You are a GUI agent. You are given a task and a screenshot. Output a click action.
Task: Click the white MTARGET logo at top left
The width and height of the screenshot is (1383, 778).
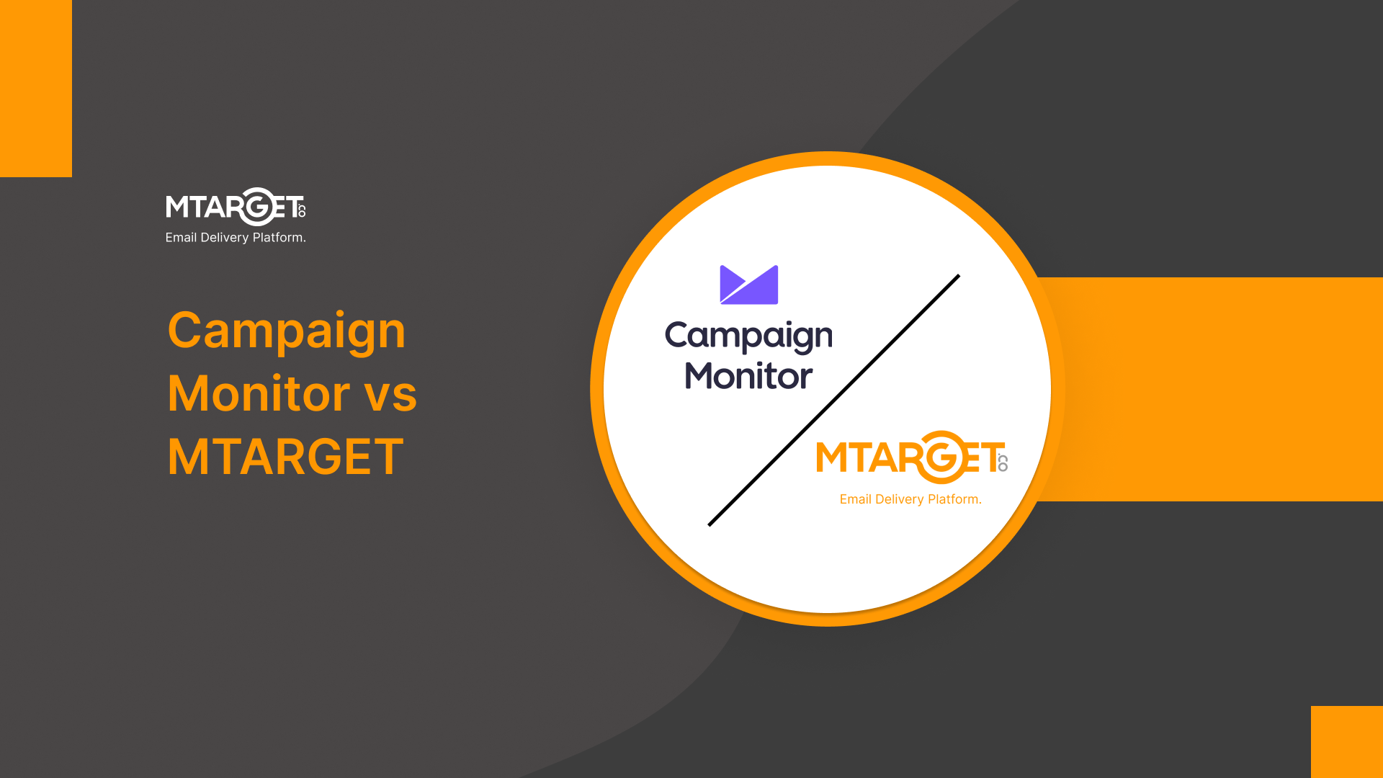[235, 207]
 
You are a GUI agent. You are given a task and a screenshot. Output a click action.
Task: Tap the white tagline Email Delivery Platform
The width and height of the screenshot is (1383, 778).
[236, 238]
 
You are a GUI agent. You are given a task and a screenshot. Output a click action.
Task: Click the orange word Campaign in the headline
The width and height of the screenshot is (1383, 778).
[287, 331]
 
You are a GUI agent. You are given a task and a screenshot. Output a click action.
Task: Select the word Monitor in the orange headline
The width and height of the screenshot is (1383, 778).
[259, 394]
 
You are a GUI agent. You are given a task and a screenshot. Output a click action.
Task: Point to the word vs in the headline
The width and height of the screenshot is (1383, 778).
[390, 395]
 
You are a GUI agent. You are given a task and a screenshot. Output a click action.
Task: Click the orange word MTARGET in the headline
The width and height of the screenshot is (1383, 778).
[285, 457]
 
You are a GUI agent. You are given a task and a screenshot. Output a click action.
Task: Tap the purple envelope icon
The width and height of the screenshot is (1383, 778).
[749, 285]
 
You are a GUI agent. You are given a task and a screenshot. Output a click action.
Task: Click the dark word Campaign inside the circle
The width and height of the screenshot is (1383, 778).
[748, 337]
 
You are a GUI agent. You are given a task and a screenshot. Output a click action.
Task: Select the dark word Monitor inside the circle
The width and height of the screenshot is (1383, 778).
[748, 376]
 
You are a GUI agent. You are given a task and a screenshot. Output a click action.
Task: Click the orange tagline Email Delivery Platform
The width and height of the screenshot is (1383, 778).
[910, 499]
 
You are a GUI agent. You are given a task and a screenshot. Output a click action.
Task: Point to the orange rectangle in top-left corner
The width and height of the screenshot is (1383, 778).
[36, 88]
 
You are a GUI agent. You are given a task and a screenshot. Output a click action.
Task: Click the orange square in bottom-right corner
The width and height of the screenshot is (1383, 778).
[1346, 741]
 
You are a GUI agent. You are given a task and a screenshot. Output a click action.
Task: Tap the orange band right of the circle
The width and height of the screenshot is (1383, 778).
[1217, 389]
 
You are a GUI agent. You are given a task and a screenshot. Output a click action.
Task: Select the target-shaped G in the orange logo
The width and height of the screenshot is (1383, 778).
[941, 457]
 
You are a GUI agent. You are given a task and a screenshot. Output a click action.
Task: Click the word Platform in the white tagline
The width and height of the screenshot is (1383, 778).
[279, 238]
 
